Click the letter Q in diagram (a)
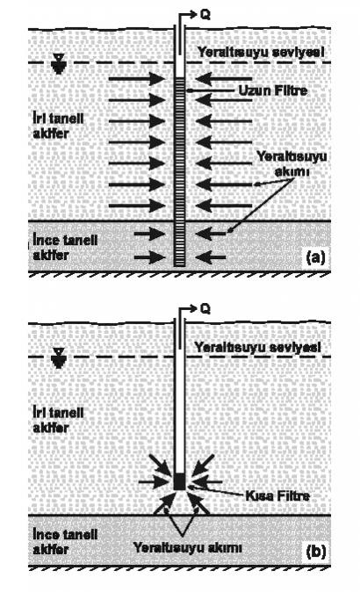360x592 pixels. click(205, 15)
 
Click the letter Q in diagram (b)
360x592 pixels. click(205, 309)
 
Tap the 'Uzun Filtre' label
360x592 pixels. click(273, 90)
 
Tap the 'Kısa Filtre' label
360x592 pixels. click(277, 495)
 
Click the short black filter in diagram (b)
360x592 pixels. click(180, 481)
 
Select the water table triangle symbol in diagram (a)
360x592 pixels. click(58, 63)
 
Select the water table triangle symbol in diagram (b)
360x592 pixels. click(58, 357)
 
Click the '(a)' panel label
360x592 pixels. click(315, 257)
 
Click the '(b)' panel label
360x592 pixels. click(315, 552)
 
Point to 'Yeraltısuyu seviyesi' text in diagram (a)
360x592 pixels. click(261, 52)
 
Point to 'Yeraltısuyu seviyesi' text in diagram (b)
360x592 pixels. click(258, 347)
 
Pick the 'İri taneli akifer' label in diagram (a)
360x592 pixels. click(58, 126)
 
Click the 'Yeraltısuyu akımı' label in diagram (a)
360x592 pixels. click(292, 164)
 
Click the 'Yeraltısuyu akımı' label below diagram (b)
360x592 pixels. click(188, 548)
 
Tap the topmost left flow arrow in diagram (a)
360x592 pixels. click(137, 79)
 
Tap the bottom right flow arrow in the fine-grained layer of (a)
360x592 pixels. click(211, 257)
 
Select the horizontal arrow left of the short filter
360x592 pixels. click(154, 482)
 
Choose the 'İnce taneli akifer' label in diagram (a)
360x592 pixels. click(65, 248)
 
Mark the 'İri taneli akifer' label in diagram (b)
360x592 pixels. click(58, 420)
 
